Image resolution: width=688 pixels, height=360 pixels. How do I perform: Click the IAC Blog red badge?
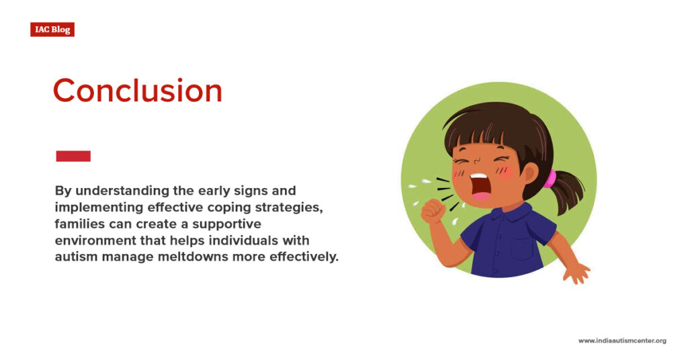click(52, 30)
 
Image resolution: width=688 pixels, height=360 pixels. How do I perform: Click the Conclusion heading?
click(138, 90)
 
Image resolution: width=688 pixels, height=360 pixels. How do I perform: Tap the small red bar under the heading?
click(73, 156)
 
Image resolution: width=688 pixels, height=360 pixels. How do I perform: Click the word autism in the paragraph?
click(76, 257)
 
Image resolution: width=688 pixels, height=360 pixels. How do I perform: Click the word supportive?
click(226, 224)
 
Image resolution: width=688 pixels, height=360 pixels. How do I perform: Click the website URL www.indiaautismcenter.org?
click(622, 341)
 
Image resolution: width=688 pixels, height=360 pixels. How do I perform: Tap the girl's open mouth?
click(480, 185)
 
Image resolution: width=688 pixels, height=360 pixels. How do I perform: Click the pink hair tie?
click(550, 179)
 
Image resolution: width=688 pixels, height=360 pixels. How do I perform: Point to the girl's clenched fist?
click(433, 212)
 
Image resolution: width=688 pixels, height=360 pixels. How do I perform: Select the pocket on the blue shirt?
click(522, 249)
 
